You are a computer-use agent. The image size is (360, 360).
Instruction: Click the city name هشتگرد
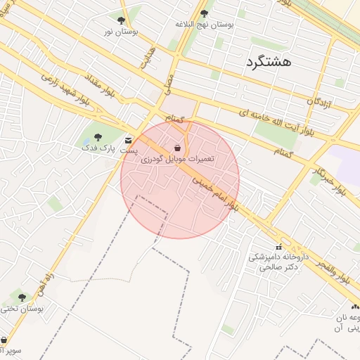[x=269, y=62]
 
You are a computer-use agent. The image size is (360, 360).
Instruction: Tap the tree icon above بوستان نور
[x=121, y=20]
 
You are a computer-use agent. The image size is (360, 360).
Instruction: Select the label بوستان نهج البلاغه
[x=205, y=24]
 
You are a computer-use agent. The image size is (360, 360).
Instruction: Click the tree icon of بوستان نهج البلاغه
[x=204, y=13]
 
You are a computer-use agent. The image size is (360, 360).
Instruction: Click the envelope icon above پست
[x=128, y=141]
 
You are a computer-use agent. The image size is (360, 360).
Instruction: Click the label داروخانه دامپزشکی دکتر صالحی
[x=278, y=262]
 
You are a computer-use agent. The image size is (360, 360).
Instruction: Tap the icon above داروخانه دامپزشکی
[x=279, y=247]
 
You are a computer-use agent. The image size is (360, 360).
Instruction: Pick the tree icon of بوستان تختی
[x=22, y=297]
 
